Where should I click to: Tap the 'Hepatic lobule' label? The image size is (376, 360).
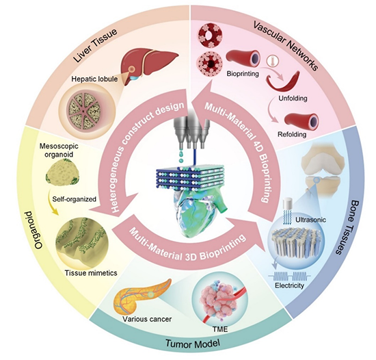94,79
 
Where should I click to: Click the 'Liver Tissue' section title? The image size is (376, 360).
96,45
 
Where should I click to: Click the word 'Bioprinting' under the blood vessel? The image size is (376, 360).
243,73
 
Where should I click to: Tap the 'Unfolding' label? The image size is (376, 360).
293,98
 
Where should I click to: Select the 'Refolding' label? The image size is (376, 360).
292,134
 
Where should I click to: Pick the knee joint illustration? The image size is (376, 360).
322,167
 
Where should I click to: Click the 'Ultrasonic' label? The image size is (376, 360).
310,220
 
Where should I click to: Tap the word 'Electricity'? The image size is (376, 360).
289,285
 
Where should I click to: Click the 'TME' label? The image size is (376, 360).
220,329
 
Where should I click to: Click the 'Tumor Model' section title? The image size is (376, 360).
193,344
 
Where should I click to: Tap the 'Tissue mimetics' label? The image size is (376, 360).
91,273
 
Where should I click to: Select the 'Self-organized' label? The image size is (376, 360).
75,199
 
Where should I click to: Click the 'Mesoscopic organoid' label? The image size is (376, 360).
59,150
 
